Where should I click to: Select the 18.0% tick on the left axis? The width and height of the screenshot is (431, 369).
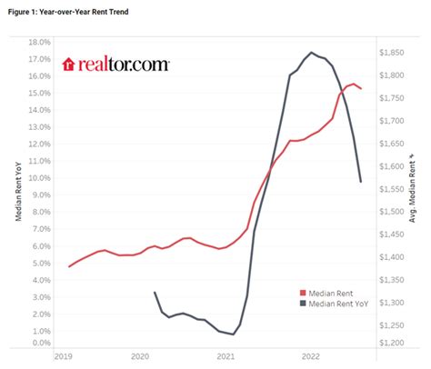pyautogui.click(x=39, y=42)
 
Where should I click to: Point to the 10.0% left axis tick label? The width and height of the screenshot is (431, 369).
pyautogui.click(x=39, y=178)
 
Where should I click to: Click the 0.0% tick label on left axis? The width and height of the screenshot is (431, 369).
pyautogui.click(x=41, y=344)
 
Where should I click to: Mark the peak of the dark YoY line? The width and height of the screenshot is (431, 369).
pyautogui.click(x=312, y=52)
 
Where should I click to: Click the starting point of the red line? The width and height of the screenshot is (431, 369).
pyautogui.click(x=69, y=266)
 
